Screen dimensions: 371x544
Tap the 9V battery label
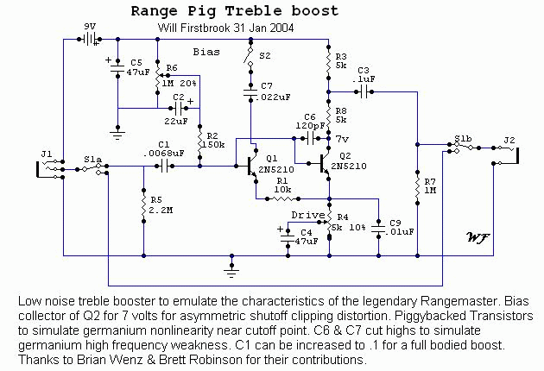tap(89, 27)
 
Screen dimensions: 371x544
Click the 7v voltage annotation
tap(342, 138)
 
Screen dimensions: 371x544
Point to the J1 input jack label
tap(46, 154)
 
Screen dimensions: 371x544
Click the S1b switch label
tap(464, 138)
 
